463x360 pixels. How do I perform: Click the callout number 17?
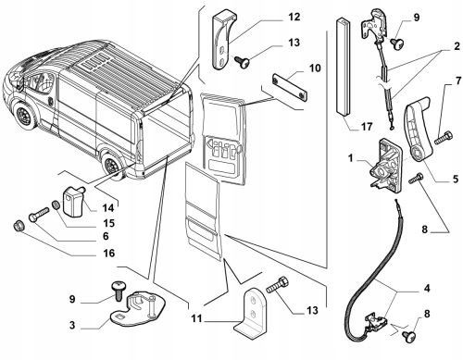pos(367,127)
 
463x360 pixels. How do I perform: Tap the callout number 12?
pos(294,17)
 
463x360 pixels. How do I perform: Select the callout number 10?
pos(315,68)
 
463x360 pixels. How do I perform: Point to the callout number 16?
pos(108,254)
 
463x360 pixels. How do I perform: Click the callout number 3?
pos(72,325)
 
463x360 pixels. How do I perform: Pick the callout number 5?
pos(456,179)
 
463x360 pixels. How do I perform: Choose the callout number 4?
pos(427,289)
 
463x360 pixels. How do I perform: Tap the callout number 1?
pos(351,158)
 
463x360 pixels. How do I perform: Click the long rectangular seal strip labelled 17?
pos(342,68)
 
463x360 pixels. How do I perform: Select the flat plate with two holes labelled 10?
pos(289,87)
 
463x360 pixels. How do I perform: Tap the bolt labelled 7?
pos(444,137)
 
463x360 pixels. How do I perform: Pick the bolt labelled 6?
pos(39,214)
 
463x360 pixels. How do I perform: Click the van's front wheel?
pos(24,116)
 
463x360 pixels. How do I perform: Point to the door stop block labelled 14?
pos(73,199)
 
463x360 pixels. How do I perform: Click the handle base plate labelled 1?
pos(386,166)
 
